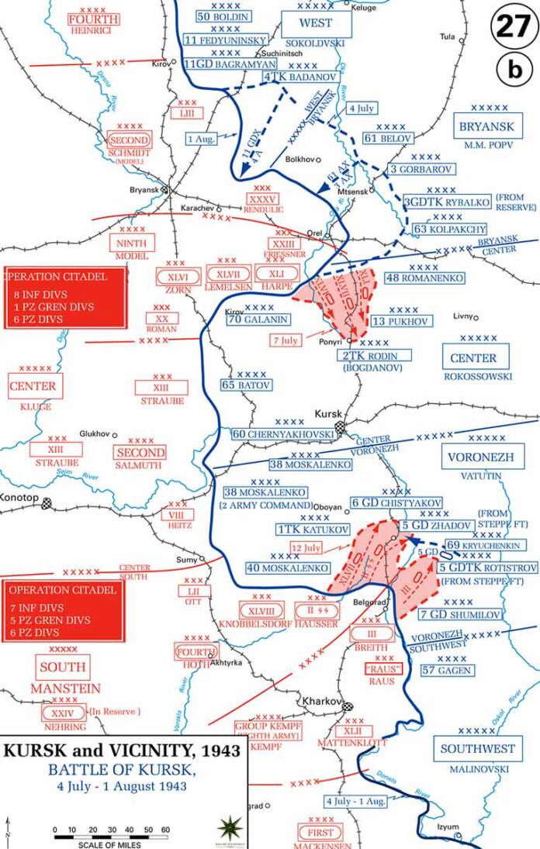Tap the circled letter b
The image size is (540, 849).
(x=514, y=70)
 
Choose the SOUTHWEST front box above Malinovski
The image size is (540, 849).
(x=477, y=749)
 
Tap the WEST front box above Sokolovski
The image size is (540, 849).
(x=315, y=24)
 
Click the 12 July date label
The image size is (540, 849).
(x=306, y=548)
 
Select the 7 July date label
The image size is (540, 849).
(x=285, y=340)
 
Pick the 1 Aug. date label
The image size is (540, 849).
(x=201, y=138)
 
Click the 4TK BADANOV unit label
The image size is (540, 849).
(x=292, y=78)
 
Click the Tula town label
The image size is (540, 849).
(x=446, y=36)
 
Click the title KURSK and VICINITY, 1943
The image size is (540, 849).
(x=123, y=751)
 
